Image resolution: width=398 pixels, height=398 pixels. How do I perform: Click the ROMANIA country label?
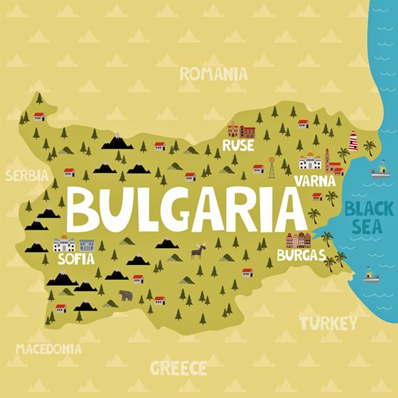[213, 73]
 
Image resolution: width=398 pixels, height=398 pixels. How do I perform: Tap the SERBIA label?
[27, 176]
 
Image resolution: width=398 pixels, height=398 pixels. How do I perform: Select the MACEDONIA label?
[48, 349]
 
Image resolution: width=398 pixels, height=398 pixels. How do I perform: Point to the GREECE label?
[178, 368]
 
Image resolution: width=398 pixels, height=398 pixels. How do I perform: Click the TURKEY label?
[328, 324]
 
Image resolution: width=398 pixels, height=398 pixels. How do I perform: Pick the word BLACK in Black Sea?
[369, 210]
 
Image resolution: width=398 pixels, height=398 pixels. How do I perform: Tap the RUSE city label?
[237, 146]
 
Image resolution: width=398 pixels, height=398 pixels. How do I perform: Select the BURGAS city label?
[301, 254]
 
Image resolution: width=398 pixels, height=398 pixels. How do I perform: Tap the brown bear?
[126, 294]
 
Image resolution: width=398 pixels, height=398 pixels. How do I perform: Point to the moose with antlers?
[198, 251]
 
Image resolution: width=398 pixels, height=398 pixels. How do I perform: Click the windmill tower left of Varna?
[271, 168]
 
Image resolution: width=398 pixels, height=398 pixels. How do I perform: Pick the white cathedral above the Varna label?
[311, 161]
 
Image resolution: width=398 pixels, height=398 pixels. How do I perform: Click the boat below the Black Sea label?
[370, 275]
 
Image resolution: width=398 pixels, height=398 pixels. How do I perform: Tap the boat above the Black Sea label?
[380, 169]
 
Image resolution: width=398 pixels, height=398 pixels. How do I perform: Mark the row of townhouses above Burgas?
[298, 240]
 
